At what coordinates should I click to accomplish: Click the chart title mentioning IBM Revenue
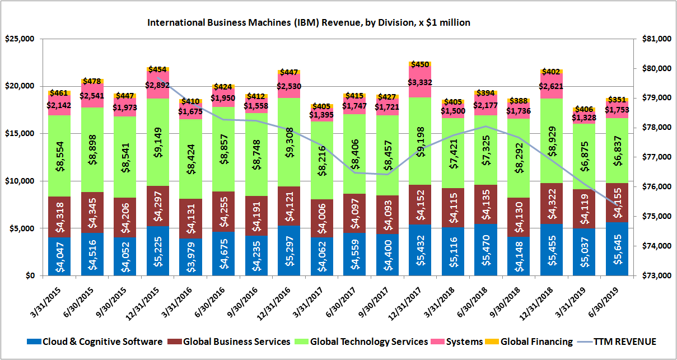(x=308, y=23)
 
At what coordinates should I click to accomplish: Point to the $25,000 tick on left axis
(x=20, y=39)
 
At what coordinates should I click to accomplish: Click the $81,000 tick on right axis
(x=655, y=39)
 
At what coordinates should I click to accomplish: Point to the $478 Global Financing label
(x=92, y=81)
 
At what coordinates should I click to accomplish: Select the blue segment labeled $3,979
(x=191, y=257)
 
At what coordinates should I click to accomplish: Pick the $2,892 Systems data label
(x=157, y=86)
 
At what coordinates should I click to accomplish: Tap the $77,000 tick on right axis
(x=655, y=157)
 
